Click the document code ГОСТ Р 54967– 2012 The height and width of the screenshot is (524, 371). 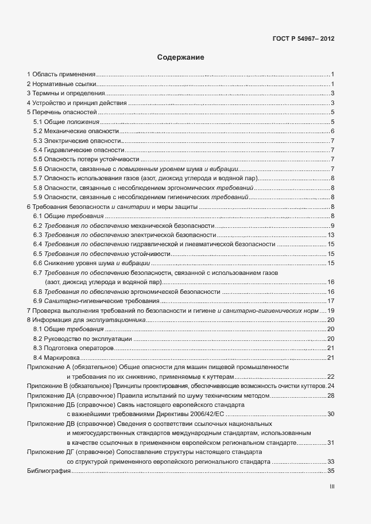[303, 40]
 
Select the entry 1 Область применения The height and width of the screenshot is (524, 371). [61, 75]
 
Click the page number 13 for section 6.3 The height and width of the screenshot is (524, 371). [331, 235]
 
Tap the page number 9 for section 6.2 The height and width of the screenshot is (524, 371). [333, 226]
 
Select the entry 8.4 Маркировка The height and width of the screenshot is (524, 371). [57, 358]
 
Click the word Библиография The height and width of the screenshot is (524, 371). [48, 471]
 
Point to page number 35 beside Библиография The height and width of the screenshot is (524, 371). [331, 471]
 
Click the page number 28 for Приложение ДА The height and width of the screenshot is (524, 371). [331, 395]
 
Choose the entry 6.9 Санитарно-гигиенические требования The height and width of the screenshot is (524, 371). [96, 301]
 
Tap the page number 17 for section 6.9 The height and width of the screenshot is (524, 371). [331, 301]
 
